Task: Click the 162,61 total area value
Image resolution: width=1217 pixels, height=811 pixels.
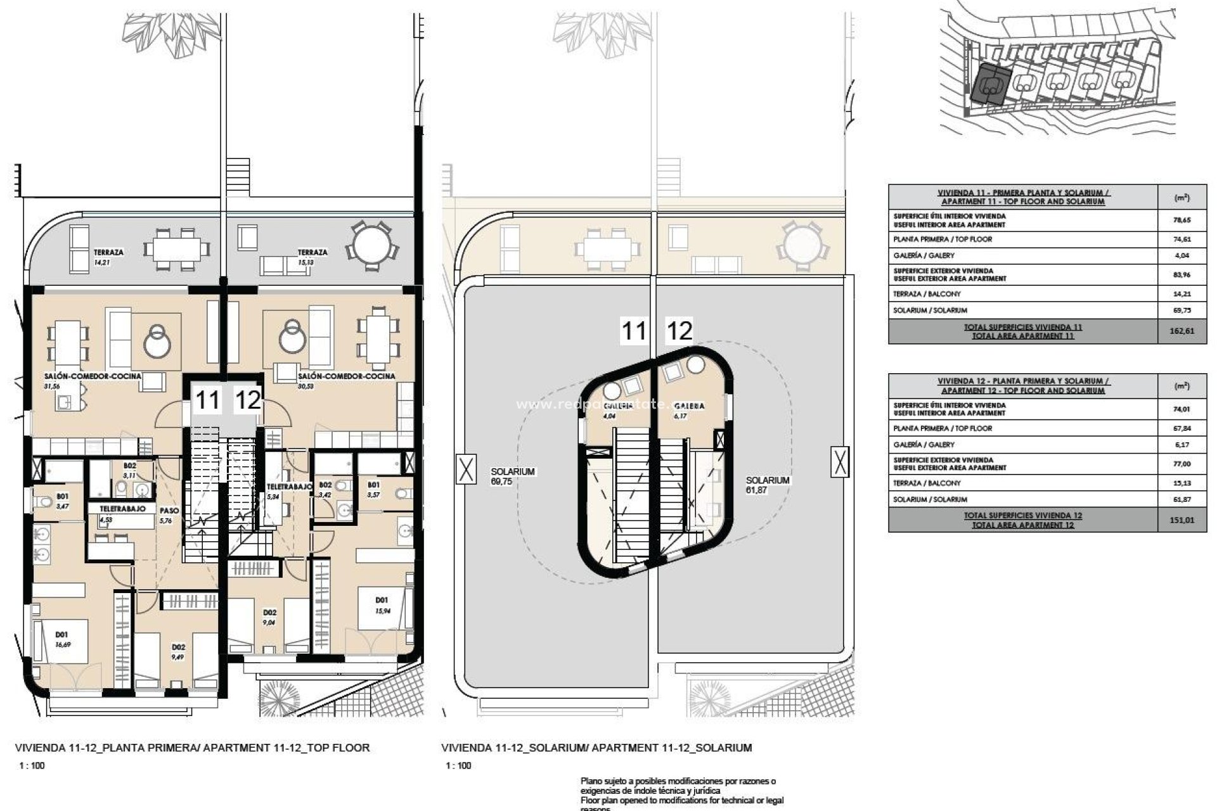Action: click(1182, 331)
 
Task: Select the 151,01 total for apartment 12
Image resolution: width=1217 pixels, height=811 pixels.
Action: click(1182, 520)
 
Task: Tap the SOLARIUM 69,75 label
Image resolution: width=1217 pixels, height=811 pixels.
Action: click(513, 476)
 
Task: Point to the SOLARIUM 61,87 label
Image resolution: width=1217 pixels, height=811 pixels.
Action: click(767, 485)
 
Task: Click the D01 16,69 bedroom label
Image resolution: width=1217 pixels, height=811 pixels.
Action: click(61, 638)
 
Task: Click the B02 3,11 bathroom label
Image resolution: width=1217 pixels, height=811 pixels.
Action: click(129, 470)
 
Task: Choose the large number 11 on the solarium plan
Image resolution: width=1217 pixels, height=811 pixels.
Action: click(633, 331)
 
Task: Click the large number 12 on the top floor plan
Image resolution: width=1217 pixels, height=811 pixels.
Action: click(247, 400)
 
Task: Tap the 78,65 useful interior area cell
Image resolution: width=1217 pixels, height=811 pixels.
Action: click(1182, 220)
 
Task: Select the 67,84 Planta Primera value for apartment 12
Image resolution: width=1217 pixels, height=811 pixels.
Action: click(1182, 428)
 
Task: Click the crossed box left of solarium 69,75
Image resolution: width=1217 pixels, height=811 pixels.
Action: click(466, 469)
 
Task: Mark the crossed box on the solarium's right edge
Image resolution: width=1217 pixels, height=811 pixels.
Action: click(839, 461)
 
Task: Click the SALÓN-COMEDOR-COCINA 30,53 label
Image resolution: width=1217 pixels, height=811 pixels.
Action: click(346, 380)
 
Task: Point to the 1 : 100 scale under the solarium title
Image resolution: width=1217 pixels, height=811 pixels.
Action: click(458, 765)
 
